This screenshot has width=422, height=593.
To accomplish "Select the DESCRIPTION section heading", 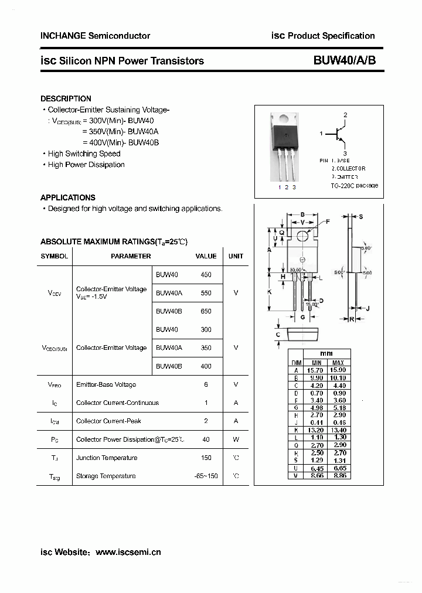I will click(x=66, y=98).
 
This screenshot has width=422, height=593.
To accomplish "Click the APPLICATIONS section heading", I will click(x=67, y=197).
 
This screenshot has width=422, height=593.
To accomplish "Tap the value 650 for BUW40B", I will click(x=206, y=311).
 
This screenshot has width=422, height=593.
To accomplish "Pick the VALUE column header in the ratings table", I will click(x=206, y=256).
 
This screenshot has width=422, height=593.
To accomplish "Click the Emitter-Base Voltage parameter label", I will click(x=106, y=384).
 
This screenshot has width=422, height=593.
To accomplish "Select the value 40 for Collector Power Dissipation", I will click(x=206, y=439).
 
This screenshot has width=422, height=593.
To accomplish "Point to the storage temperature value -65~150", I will click(x=206, y=476).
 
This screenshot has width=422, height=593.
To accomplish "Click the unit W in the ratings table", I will click(x=236, y=439).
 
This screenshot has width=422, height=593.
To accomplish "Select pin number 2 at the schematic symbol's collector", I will click(x=346, y=115).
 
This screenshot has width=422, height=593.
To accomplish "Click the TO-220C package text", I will click(x=355, y=185).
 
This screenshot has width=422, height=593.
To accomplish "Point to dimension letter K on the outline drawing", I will click(x=269, y=291).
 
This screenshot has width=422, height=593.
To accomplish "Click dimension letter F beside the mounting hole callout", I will click(x=328, y=221).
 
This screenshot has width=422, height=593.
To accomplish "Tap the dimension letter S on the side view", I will click(x=361, y=217).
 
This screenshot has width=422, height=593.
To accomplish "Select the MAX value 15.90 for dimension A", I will click(x=338, y=370).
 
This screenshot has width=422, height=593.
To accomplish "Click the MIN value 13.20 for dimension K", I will click(x=316, y=430).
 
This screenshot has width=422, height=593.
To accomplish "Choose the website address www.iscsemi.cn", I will click(x=128, y=552).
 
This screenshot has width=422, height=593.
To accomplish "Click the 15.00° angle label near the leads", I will click(x=311, y=305).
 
